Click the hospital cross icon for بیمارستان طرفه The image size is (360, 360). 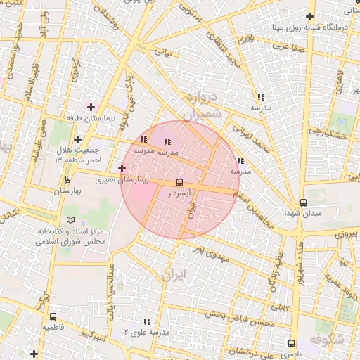click(x=90, y=106)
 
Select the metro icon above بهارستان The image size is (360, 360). click(x=67, y=179)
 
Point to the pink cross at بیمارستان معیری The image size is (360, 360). click(x=122, y=168)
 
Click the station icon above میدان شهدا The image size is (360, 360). click(x=302, y=202)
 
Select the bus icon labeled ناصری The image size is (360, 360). click(x=291, y=343)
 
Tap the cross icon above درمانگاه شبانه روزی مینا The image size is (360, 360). click(x=309, y=17)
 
